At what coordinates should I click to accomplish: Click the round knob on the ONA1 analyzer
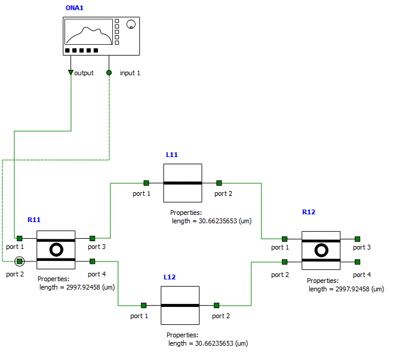[x=131, y=24]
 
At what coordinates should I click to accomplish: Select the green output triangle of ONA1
[x=71, y=73]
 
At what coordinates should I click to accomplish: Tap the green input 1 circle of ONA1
[x=109, y=73]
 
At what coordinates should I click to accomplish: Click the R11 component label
[x=33, y=220]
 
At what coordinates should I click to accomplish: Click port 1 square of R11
[x=20, y=238]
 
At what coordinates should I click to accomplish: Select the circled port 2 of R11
[x=20, y=261]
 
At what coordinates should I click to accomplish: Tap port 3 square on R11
[x=93, y=238]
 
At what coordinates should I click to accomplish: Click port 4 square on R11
[x=93, y=261]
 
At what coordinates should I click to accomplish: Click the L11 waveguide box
[x=183, y=183]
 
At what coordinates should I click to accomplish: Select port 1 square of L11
[x=146, y=183]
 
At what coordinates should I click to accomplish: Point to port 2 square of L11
[x=219, y=183]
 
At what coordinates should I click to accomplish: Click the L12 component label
[x=170, y=278]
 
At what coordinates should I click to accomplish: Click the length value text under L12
[x=208, y=343]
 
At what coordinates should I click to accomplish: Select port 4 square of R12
[x=358, y=261]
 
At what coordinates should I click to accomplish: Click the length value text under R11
[x=76, y=287]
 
